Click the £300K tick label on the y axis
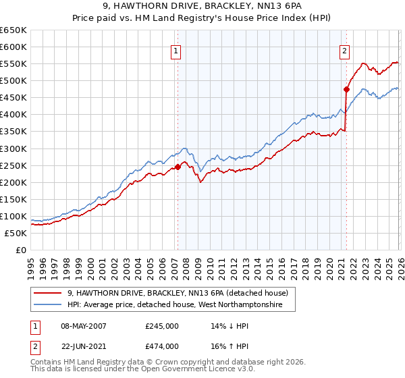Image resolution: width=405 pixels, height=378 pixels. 13,148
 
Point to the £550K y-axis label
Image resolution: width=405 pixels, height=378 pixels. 13,64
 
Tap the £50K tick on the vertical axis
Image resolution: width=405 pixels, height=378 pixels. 16,233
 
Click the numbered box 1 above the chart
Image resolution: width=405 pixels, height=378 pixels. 175,49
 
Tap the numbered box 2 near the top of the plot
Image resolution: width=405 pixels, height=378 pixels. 344,49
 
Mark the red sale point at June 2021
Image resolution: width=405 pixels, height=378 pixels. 346,88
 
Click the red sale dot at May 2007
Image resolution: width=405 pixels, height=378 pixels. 178,167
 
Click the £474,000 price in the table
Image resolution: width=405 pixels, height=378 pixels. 161,346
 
